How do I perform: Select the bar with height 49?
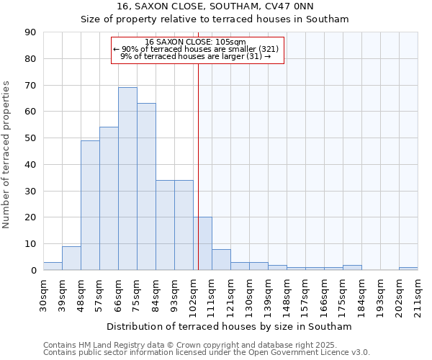click(90, 205)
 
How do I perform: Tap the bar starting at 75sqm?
click(146, 186)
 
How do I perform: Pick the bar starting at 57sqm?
click(109, 198)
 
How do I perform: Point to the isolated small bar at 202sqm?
click(408, 269)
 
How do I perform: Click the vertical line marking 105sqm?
click(198, 166)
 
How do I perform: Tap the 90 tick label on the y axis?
click(31, 32)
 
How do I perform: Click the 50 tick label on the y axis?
click(31, 138)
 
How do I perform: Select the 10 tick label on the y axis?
click(31, 244)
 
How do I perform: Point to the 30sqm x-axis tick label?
click(44, 294)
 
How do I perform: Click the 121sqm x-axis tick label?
click(231, 294)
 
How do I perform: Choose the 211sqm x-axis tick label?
click(418, 294)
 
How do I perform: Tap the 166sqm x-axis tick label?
click(325, 294)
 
